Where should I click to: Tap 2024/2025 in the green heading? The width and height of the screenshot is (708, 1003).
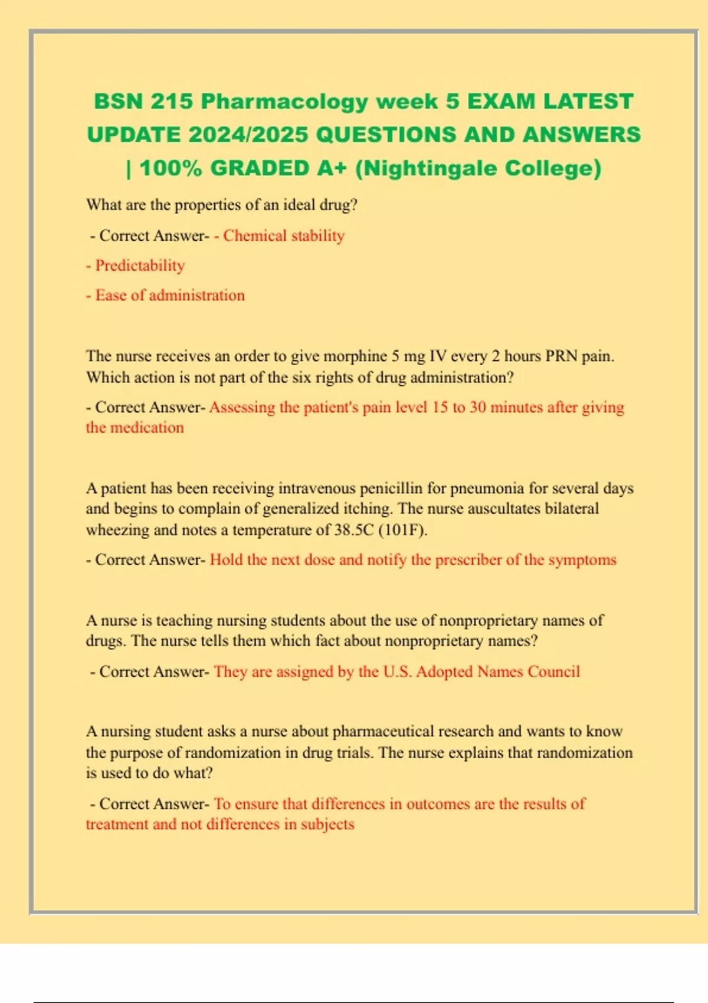[248, 135]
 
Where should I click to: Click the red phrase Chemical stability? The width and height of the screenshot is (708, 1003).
[283, 235]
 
